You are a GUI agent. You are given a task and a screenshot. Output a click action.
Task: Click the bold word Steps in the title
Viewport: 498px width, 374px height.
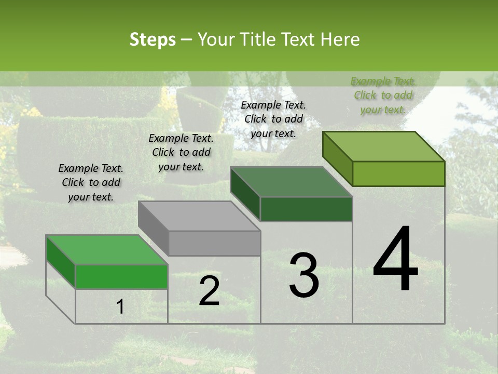[153, 40]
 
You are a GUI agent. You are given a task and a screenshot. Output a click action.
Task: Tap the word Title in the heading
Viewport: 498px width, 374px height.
[257, 40]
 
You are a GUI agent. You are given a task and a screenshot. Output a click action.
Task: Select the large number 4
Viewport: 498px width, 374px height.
[395, 260]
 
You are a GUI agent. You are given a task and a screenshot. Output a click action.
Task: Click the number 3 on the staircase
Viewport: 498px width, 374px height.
[304, 275]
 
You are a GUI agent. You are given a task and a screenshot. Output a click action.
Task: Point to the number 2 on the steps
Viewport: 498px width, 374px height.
[209, 291]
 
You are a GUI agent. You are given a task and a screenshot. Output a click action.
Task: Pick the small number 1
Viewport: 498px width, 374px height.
[120, 307]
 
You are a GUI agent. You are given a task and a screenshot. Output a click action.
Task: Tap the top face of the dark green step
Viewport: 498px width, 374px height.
[291, 182]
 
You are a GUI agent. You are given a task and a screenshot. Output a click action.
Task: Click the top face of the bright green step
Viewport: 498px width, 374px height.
[107, 250]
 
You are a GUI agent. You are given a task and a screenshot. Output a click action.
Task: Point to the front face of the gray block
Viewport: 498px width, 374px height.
[215, 243]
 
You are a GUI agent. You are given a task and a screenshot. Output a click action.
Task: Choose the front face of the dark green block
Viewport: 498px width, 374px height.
[306, 209]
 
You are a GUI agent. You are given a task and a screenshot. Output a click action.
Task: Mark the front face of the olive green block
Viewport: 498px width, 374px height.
[398, 173]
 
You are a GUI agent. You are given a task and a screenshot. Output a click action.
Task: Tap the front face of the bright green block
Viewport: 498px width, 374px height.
[121, 276]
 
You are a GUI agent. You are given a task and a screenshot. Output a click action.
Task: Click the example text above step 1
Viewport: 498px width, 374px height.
[91, 182]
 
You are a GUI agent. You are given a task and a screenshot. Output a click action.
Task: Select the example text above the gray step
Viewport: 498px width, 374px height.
[181, 152]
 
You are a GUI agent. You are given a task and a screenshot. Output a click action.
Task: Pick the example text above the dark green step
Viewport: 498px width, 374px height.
[273, 119]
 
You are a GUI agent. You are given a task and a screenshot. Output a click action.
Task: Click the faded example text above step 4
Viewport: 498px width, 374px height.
[383, 95]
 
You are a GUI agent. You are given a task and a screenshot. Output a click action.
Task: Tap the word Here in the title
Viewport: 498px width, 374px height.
[340, 40]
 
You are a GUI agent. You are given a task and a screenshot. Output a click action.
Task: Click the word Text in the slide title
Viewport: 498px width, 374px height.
[299, 40]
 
